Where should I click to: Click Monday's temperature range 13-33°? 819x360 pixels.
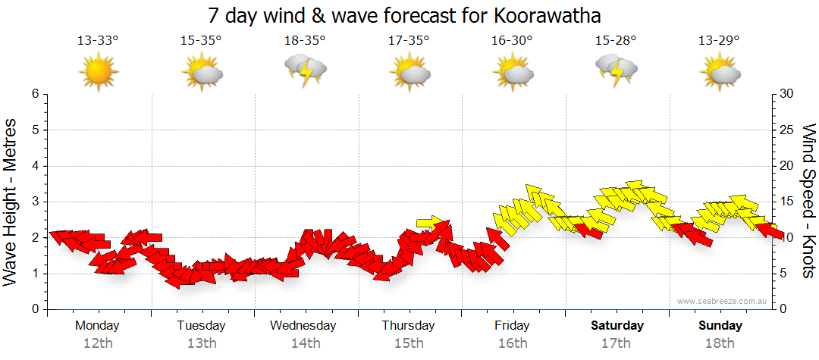click(98, 41)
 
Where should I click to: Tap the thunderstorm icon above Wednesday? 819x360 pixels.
click(305, 71)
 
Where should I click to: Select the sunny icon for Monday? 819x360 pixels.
click(99, 73)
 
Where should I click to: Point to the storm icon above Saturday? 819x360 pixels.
click(616, 70)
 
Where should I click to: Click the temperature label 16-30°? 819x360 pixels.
click(512, 41)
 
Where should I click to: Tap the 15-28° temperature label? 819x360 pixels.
click(616, 41)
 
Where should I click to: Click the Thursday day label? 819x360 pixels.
click(408, 326)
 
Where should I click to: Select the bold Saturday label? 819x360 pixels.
click(617, 326)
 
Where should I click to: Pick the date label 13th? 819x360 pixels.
click(202, 343)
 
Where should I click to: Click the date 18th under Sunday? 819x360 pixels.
click(720, 343)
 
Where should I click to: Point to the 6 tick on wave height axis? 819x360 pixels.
click(34, 94)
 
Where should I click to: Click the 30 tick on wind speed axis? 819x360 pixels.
click(787, 94)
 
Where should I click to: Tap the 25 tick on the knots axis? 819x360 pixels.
click(787, 130)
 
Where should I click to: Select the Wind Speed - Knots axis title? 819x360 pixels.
click(808, 201)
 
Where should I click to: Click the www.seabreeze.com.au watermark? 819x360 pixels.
click(723, 301)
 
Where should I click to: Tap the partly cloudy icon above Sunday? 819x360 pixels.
click(720, 73)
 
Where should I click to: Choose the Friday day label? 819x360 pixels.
click(512, 326)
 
